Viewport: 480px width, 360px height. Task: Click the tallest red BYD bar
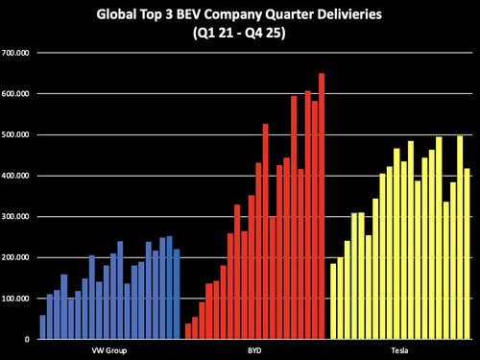click(322, 206)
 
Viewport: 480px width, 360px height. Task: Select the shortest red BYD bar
click(188, 331)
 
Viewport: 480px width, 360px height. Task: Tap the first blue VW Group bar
click(42, 327)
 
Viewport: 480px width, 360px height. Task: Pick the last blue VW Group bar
click(177, 294)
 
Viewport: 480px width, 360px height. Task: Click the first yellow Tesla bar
click(333, 301)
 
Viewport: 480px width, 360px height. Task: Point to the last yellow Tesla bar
click(467, 253)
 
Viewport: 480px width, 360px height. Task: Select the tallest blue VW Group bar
click(169, 288)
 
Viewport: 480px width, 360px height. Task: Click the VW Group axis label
click(109, 350)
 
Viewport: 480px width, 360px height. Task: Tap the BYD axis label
click(254, 350)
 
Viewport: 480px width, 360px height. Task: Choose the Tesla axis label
click(399, 350)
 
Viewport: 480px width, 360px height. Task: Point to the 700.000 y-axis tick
click(15, 53)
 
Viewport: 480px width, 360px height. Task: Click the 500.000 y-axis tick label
click(15, 134)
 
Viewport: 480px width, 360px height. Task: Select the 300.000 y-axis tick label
click(15, 217)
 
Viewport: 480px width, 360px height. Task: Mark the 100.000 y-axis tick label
click(15, 299)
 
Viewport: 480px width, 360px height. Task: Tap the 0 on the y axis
click(27, 340)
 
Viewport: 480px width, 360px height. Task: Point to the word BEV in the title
click(187, 14)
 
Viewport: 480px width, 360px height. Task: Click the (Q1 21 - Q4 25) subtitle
click(239, 33)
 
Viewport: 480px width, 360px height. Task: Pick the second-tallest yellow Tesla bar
click(439, 238)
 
